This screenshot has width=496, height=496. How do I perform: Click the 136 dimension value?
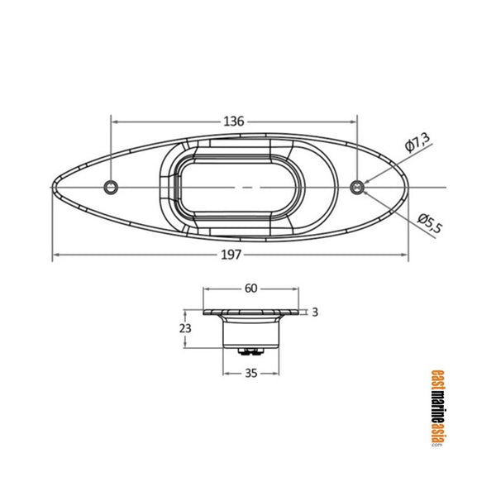[234, 122]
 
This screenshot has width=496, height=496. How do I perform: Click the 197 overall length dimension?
[232, 255]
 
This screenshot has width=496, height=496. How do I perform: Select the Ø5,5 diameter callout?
[430, 221]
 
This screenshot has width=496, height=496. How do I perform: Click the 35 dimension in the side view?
[251, 373]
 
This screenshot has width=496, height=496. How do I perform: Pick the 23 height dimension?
[185, 328]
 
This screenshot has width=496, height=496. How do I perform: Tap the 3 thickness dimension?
[315, 312]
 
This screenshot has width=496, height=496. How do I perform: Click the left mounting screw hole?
[112, 187]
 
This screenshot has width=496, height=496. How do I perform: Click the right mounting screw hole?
[357, 187]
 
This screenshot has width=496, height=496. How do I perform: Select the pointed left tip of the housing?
[55, 187]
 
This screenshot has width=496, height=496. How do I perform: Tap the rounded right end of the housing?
[405, 187]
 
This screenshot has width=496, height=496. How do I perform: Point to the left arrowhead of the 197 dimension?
[57, 255]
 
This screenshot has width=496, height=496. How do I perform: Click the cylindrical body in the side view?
[251, 331]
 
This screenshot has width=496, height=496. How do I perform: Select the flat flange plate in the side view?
[251, 312]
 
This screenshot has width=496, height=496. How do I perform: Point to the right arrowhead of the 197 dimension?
[405, 255]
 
